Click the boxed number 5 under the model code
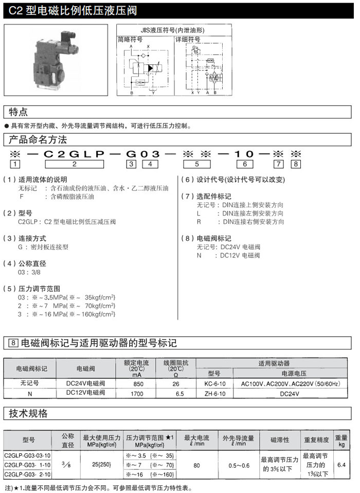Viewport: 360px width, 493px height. pyautogui.click(x=197, y=164)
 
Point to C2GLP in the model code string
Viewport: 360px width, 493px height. pyautogui.click(x=75, y=154)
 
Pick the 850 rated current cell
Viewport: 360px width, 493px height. pyautogui.click(x=138, y=383)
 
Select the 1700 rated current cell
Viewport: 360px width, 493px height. pyautogui.click(x=138, y=393)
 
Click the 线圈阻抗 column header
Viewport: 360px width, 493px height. pyautogui.click(x=176, y=368)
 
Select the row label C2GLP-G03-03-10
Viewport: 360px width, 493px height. pyautogui.click(x=28, y=455)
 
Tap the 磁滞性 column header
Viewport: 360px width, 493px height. pyautogui.click(x=280, y=441)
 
